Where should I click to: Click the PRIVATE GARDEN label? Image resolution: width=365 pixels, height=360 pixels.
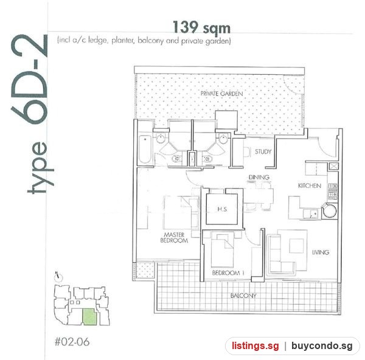coord(221,94)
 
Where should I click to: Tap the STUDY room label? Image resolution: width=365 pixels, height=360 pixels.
coord(263,152)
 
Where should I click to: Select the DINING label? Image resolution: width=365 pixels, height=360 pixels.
coord(259,178)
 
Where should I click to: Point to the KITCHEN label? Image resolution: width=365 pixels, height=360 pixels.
coord(310,185)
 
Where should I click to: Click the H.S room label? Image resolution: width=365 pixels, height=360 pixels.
coord(222,209)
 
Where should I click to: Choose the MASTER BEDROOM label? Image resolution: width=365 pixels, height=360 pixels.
coord(174,238)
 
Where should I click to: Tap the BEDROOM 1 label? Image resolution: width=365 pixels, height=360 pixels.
coord(228,272)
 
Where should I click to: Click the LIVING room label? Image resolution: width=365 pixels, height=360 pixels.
coord(321,252)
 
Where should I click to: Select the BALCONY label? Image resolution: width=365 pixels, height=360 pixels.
coord(243,296)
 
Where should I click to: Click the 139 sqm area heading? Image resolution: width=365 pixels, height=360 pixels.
coord(201,27)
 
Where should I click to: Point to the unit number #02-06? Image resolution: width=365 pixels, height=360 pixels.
coord(72,342)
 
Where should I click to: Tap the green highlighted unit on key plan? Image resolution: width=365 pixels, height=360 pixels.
coord(89,316)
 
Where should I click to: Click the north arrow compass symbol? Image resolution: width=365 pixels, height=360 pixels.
coord(59,277)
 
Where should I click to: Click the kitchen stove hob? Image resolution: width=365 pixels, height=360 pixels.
coord(333,192)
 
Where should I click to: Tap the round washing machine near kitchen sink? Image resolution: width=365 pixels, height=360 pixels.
coord(329,210)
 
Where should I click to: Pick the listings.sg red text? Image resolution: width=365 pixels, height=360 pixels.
coord(255,345)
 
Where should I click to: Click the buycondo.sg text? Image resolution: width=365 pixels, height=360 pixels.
coord(322,346)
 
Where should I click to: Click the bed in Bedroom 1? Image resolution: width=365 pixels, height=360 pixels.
coord(223,250)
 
